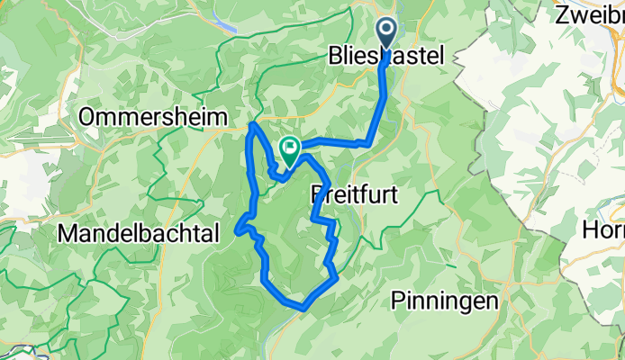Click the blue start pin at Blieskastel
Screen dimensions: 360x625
[x=387, y=37]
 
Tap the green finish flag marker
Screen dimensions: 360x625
[x=290, y=150]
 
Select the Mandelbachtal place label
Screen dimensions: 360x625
[x=139, y=234]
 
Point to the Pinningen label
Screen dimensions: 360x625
[x=445, y=301]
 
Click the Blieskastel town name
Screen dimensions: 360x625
[x=385, y=56]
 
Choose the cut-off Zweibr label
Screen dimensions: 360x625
[x=590, y=14]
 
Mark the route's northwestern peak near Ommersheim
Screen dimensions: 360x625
[x=254, y=123]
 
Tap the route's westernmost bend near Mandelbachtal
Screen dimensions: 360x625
[x=237, y=230]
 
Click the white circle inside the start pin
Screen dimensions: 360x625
[x=387, y=31]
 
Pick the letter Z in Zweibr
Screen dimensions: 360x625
[x=562, y=14]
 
